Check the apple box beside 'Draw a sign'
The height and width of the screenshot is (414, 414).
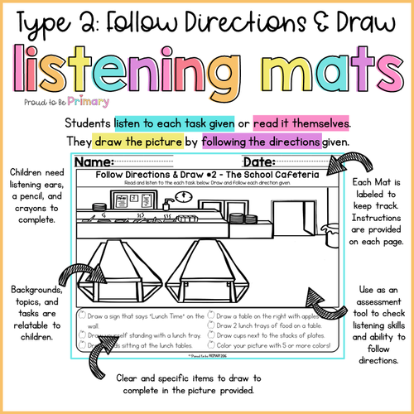tap(79, 315)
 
